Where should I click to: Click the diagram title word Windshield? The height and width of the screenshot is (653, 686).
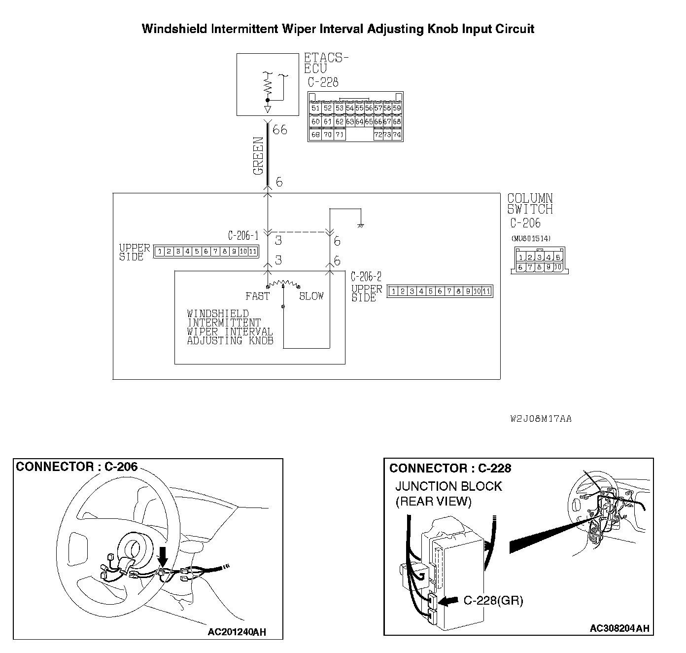click(x=173, y=29)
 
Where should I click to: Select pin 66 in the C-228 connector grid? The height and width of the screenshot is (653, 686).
click(x=378, y=121)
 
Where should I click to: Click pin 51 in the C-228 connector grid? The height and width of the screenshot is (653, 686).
click(x=316, y=108)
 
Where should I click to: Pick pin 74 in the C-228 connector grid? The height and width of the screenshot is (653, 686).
click(x=397, y=134)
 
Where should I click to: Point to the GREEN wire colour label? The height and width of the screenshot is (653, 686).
click(x=258, y=156)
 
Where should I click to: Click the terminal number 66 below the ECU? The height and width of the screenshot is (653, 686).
click(x=279, y=130)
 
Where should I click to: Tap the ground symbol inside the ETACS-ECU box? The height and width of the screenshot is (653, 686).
click(x=268, y=108)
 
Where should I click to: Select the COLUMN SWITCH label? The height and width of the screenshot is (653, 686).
click(x=530, y=204)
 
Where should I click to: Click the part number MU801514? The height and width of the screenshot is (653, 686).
click(x=531, y=239)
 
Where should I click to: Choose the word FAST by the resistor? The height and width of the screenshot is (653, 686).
click(x=257, y=296)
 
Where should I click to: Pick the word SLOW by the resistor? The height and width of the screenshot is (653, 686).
click(x=311, y=296)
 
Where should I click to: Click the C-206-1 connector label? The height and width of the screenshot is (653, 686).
click(x=243, y=236)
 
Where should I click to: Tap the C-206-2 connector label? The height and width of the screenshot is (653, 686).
click(x=366, y=277)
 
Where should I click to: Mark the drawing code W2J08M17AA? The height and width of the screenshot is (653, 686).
click(x=541, y=419)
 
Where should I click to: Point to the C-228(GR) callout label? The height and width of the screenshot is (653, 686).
click(x=493, y=600)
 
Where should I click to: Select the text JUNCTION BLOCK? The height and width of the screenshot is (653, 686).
click(x=448, y=486)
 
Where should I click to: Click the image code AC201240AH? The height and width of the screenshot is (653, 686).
click(x=237, y=632)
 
